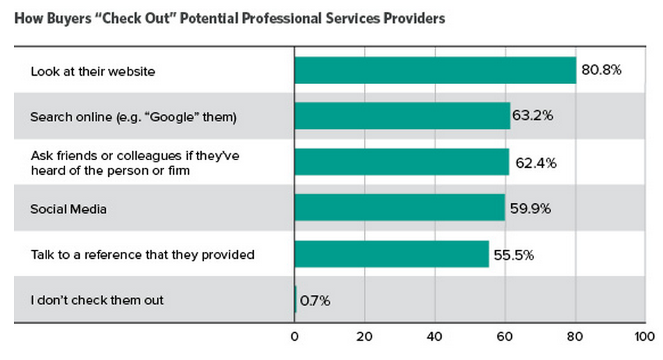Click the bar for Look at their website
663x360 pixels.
pyautogui.click(x=435, y=70)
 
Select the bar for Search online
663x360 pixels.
pyautogui.click(x=402, y=116)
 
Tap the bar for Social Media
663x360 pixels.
pyautogui.click(x=399, y=207)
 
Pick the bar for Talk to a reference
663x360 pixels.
pyautogui.click(x=391, y=254)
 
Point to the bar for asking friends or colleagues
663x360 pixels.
pyautogui.click(x=402, y=162)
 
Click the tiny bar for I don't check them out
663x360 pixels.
pyautogui.click(x=295, y=300)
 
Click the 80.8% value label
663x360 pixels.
pyautogui.click(x=601, y=71)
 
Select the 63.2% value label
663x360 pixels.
pyautogui.click(x=533, y=116)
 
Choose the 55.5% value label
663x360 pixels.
pyautogui.click(x=513, y=255)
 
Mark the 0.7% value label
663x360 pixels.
pyautogui.click(x=316, y=301)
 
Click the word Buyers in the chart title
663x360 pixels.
pyautogui.click(x=65, y=19)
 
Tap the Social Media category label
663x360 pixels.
pyautogui.click(x=68, y=208)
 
